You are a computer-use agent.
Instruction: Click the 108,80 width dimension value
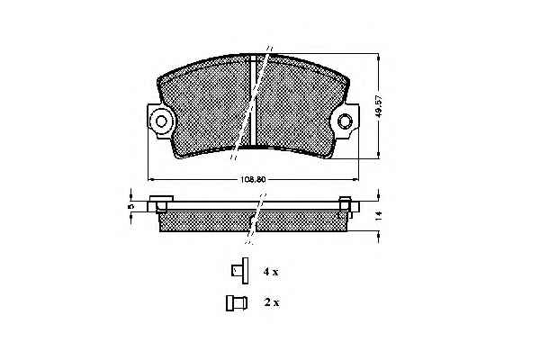pos(253,179)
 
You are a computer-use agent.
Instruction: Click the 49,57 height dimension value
pos(379,106)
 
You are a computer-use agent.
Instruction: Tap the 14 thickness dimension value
pos(379,216)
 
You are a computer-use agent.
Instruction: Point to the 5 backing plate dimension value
pos(130,206)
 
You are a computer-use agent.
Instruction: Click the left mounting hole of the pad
pos(161,121)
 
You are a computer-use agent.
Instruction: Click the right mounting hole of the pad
pos(345,121)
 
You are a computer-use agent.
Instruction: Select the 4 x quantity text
pos(271,272)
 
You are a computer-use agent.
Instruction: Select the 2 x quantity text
pos(272,302)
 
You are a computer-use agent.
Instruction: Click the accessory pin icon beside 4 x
pos(240,271)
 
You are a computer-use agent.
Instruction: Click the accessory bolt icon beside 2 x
pos(236,303)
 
